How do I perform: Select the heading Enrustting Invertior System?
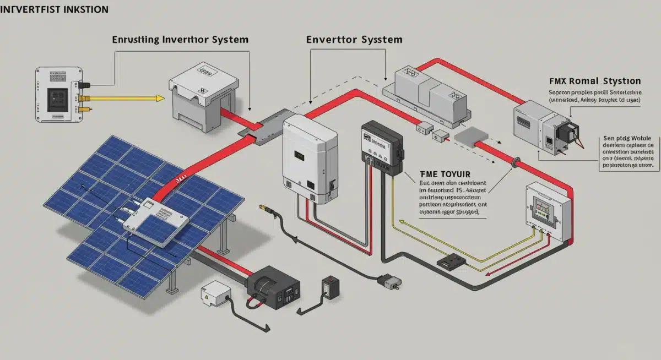[x=180, y=40]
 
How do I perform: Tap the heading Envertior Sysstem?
[x=354, y=40]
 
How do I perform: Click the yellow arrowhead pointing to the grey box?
[x=160, y=99]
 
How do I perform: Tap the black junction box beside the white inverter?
[x=382, y=148]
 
